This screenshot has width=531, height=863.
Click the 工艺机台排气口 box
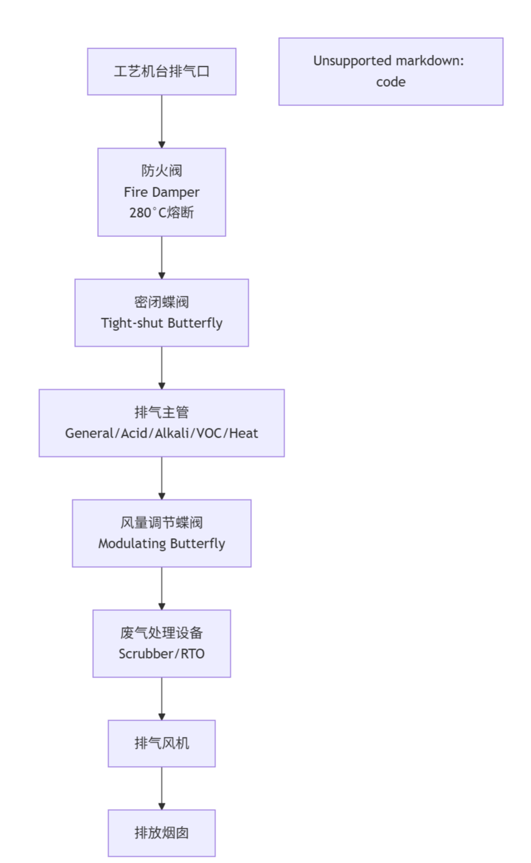point(161,72)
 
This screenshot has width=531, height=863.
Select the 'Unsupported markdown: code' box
point(390,72)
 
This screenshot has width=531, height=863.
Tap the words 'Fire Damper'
point(161,192)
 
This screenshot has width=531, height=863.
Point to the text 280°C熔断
point(161,213)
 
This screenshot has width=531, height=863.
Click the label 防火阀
point(161,171)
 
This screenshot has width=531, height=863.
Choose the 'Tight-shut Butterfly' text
point(161,323)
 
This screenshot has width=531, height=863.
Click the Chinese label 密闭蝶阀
point(161,302)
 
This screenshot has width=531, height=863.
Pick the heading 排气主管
point(161,412)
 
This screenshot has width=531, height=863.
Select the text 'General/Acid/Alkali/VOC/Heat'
point(161,433)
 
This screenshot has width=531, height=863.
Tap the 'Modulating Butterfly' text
point(161,544)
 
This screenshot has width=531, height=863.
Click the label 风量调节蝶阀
point(161,522)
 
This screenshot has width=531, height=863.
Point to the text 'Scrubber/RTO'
point(161,654)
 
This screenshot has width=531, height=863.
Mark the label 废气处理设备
point(161,633)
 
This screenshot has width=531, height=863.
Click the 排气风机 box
point(161,743)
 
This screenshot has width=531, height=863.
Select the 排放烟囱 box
point(161,833)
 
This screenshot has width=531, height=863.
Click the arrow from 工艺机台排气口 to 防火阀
point(161,121)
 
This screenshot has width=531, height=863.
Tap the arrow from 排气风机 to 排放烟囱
point(161,788)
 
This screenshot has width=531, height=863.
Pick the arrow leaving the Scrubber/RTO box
point(161,698)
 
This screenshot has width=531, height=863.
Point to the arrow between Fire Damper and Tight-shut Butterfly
point(161,257)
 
